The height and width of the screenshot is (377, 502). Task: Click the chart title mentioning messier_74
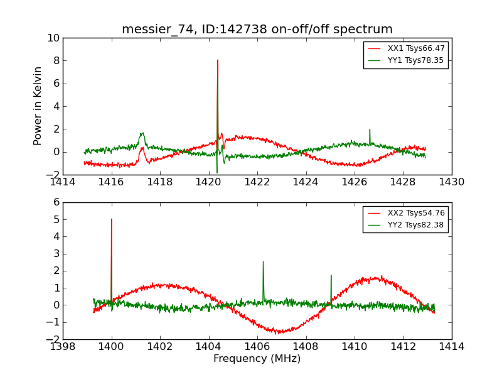click(x=257, y=30)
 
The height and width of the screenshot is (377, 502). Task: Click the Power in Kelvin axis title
click(x=38, y=106)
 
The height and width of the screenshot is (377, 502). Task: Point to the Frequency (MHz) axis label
click(x=257, y=359)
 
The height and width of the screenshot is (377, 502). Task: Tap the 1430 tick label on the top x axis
click(x=451, y=182)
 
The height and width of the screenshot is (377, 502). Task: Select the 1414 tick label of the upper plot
click(x=63, y=182)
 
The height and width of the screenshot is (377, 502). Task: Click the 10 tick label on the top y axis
click(x=53, y=38)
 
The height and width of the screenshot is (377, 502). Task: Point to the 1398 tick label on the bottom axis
click(x=63, y=346)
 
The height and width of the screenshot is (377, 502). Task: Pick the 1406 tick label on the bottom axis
click(x=257, y=346)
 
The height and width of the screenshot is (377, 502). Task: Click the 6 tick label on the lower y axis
click(x=56, y=202)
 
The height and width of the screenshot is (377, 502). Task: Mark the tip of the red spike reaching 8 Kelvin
click(x=218, y=60)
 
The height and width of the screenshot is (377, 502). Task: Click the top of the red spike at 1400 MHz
click(x=112, y=219)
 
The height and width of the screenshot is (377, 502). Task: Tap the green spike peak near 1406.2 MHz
click(x=263, y=261)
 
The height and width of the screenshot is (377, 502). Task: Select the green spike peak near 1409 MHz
click(x=331, y=275)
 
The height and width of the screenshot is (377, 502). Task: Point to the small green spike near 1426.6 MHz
click(x=370, y=129)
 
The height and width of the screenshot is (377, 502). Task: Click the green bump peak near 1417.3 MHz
click(x=142, y=133)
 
